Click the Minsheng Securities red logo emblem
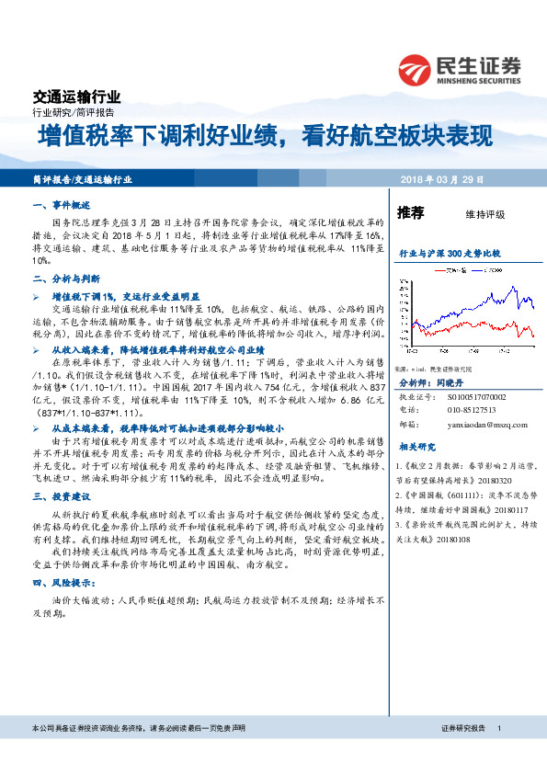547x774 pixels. [x=416, y=70]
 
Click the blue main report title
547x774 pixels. [x=265, y=138]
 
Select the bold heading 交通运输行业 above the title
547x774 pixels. [x=76, y=96]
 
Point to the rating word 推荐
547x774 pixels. [x=410, y=213]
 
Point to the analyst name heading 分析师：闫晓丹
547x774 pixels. [x=427, y=379]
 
